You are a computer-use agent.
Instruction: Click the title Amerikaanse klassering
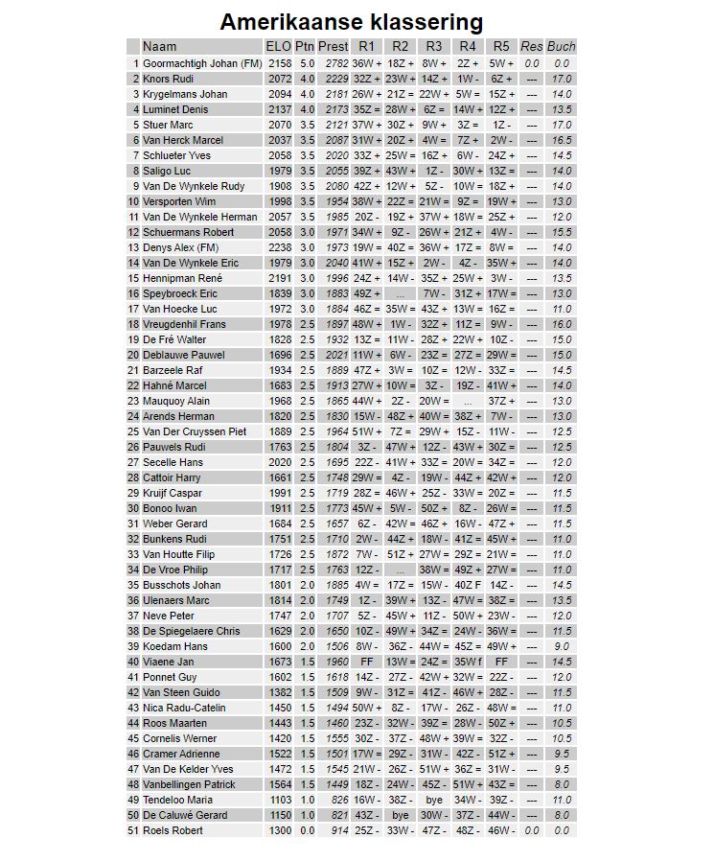coord(351,22)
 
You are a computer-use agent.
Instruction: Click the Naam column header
coord(159,47)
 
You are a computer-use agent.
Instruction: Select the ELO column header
coord(278,47)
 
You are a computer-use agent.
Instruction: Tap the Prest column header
coord(333,47)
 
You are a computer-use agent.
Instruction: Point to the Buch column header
coord(562,47)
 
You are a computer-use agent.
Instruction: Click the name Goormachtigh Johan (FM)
coord(201,63)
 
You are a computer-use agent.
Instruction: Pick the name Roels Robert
coord(173,830)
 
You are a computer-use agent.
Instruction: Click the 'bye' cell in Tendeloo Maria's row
coord(434,800)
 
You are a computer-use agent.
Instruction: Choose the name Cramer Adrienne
coord(181,754)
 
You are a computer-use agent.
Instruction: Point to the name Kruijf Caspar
coord(173,493)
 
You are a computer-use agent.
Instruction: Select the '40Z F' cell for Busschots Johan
coord(468,585)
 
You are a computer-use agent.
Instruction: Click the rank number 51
coord(133,830)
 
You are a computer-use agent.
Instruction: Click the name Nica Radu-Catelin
coord(184,708)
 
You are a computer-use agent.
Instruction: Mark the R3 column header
coord(434,47)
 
